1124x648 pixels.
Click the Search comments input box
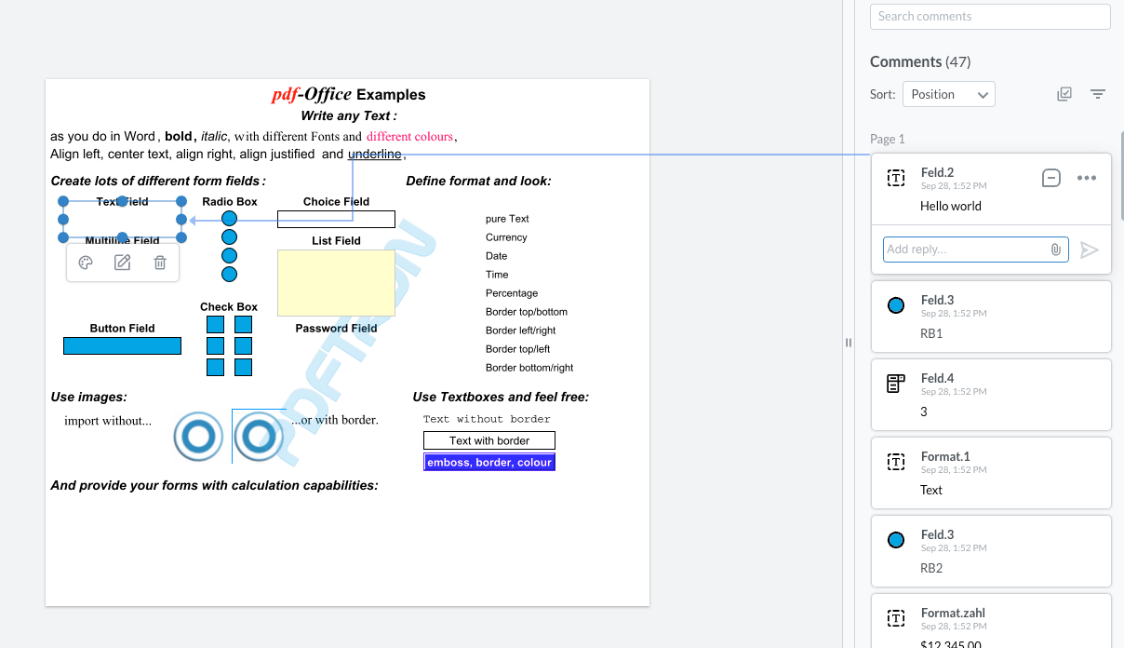click(x=989, y=17)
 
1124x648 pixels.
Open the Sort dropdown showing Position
click(x=948, y=94)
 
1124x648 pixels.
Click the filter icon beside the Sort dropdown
click(x=1098, y=94)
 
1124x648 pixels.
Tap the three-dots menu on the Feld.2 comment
click(x=1086, y=178)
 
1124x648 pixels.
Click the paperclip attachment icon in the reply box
click(x=1055, y=250)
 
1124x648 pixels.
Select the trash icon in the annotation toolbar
click(x=160, y=263)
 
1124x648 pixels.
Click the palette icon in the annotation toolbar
click(x=86, y=263)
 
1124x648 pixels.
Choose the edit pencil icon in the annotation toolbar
click(x=122, y=263)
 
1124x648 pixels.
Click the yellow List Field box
click(x=336, y=283)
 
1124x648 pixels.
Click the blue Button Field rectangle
click(x=122, y=345)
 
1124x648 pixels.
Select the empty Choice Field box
click(x=336, y=219)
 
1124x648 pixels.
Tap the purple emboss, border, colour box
click(x=489, y=462)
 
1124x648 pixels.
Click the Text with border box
click(x=489, y=440)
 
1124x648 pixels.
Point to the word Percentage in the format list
click(x=512, y=293)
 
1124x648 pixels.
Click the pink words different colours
click(x=409, y=137)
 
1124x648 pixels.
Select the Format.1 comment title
click(x=944, y=456)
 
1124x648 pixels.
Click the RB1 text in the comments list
click(x=931, y=333)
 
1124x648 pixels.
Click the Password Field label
click(x=336, y=329)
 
